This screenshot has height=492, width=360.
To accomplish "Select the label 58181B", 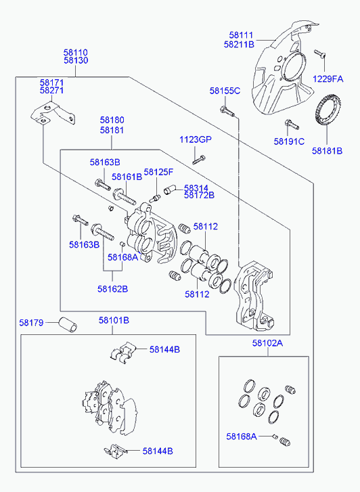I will tap(327, 150).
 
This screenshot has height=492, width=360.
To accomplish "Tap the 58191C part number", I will tap(289, 141).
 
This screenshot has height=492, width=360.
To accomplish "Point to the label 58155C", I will tap(225, 90).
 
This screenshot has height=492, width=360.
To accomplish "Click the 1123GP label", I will tap(195, 139).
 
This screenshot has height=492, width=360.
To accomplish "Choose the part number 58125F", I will tap(158, 172).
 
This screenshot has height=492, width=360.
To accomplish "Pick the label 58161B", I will tap(127, 177).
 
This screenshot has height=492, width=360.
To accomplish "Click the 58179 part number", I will tap(31, 323).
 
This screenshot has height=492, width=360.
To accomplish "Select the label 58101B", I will tap(114, 320).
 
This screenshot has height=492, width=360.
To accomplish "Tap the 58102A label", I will tap(267, 343).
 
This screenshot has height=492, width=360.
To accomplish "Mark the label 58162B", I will tap(112, 288).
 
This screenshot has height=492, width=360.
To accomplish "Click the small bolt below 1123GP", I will tap(198, 160).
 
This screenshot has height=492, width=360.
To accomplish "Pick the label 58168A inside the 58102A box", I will tap(242, 437).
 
